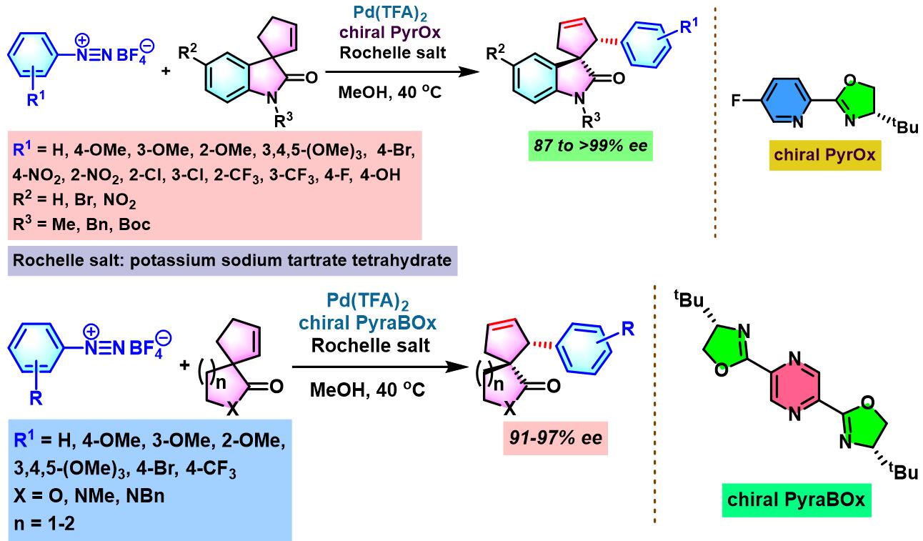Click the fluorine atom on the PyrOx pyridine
[737, 100]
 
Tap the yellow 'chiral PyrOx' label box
[825, 155]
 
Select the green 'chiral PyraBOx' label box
[796, 500]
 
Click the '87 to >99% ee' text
[591, 146]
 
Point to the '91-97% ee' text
[556, 438]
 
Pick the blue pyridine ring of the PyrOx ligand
[785, 100]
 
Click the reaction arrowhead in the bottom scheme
[457, 367]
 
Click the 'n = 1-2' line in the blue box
[44, 524]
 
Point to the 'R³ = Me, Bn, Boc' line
[81, 224]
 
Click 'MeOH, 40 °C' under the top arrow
[390, 92]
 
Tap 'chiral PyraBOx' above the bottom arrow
[367, 323]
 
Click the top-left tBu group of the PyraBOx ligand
[689, 299]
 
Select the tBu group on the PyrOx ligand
[905, 126]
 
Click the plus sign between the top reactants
[166, 71]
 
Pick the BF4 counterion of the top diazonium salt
[135, 53]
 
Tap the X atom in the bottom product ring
[510, 408]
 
